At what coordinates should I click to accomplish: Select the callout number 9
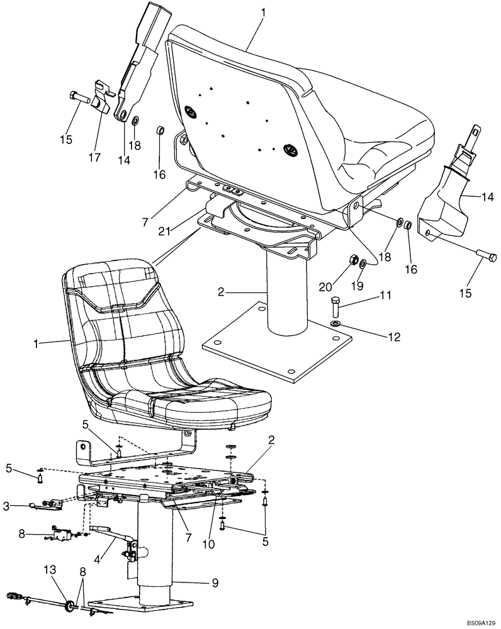pos(216,582)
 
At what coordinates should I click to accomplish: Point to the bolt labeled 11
pos(334,307)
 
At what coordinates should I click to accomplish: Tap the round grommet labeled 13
pos(69,606)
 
